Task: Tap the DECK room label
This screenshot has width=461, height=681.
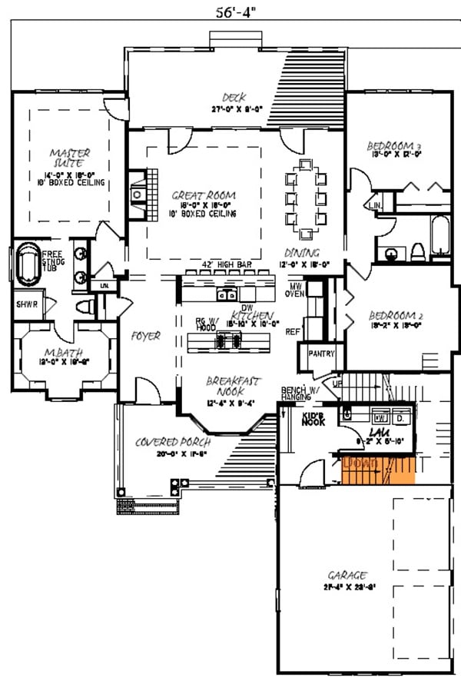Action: (x=234, y=97)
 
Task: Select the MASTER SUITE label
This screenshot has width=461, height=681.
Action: (x=66, y=158)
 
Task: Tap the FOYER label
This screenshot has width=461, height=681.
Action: (x=146, y=336)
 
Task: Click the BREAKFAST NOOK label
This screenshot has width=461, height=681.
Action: (x=234, y=386)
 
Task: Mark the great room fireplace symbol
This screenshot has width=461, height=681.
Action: (x=138, y=194)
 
